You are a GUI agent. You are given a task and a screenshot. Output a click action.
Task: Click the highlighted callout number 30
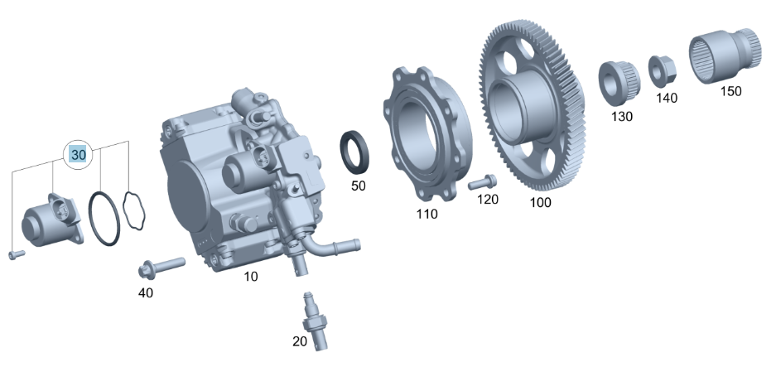79,155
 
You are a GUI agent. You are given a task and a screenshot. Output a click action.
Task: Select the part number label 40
145,292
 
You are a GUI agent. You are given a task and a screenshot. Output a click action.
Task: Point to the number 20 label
300,340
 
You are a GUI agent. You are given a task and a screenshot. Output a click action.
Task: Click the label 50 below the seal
358,186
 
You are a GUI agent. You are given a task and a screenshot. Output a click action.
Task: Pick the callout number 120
488,200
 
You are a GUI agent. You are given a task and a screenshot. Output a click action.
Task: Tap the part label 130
622,117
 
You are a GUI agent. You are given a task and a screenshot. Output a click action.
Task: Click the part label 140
667,98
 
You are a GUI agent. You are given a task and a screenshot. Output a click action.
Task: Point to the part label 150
730,91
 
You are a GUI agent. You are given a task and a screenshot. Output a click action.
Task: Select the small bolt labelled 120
481,181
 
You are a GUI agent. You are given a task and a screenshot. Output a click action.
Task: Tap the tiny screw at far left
13,255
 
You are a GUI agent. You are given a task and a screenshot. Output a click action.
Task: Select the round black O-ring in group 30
107,219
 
